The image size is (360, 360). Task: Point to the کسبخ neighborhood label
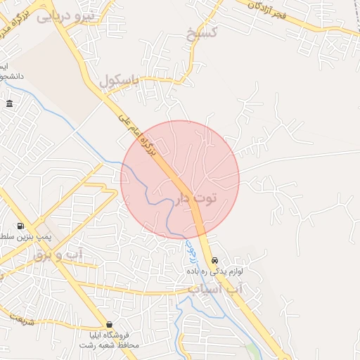click(202, 32)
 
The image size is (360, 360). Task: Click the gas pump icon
click(20, 226)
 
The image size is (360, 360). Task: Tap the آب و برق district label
click(58, 255)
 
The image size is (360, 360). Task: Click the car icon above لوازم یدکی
click(214, 259)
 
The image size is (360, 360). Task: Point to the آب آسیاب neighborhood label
click(214, 289)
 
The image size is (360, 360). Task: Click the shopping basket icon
click(109, 324)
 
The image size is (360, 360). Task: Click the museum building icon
click(9, 104)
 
